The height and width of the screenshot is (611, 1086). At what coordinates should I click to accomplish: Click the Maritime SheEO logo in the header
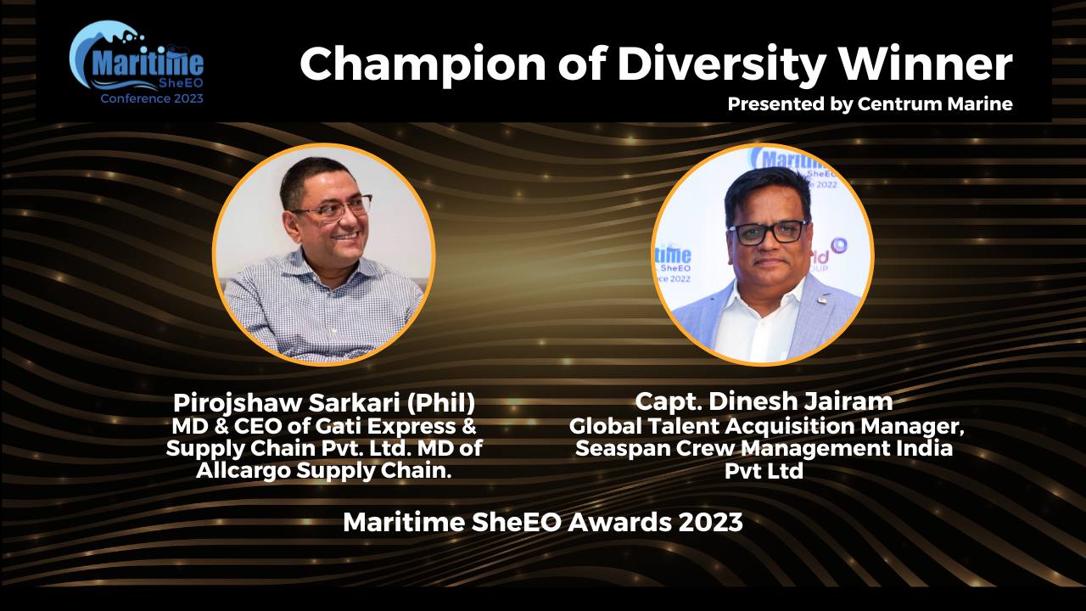(x=137, y=62)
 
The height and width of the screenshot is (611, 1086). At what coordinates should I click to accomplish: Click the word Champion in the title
(x=423, y=65)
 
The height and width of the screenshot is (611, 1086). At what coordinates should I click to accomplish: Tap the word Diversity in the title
(x=721, y=64)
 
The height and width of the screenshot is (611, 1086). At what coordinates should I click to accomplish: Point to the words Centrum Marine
(x=935, y=104)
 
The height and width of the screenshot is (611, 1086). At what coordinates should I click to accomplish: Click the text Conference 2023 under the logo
(x=152, y=98)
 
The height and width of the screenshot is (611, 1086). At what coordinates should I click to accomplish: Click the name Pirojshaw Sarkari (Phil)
(x=324, y=402)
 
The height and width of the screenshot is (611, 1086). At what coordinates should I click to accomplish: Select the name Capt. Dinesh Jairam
(x=764, y=401)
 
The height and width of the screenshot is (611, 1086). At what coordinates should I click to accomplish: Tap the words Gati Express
(x=386, y=426)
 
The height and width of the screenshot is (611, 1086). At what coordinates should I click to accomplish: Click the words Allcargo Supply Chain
(x=324, y=470)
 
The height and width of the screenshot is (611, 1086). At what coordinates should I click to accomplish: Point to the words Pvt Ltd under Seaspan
(x=764, y=471)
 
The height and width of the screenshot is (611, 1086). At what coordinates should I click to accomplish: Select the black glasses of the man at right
(x=767, y=233)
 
